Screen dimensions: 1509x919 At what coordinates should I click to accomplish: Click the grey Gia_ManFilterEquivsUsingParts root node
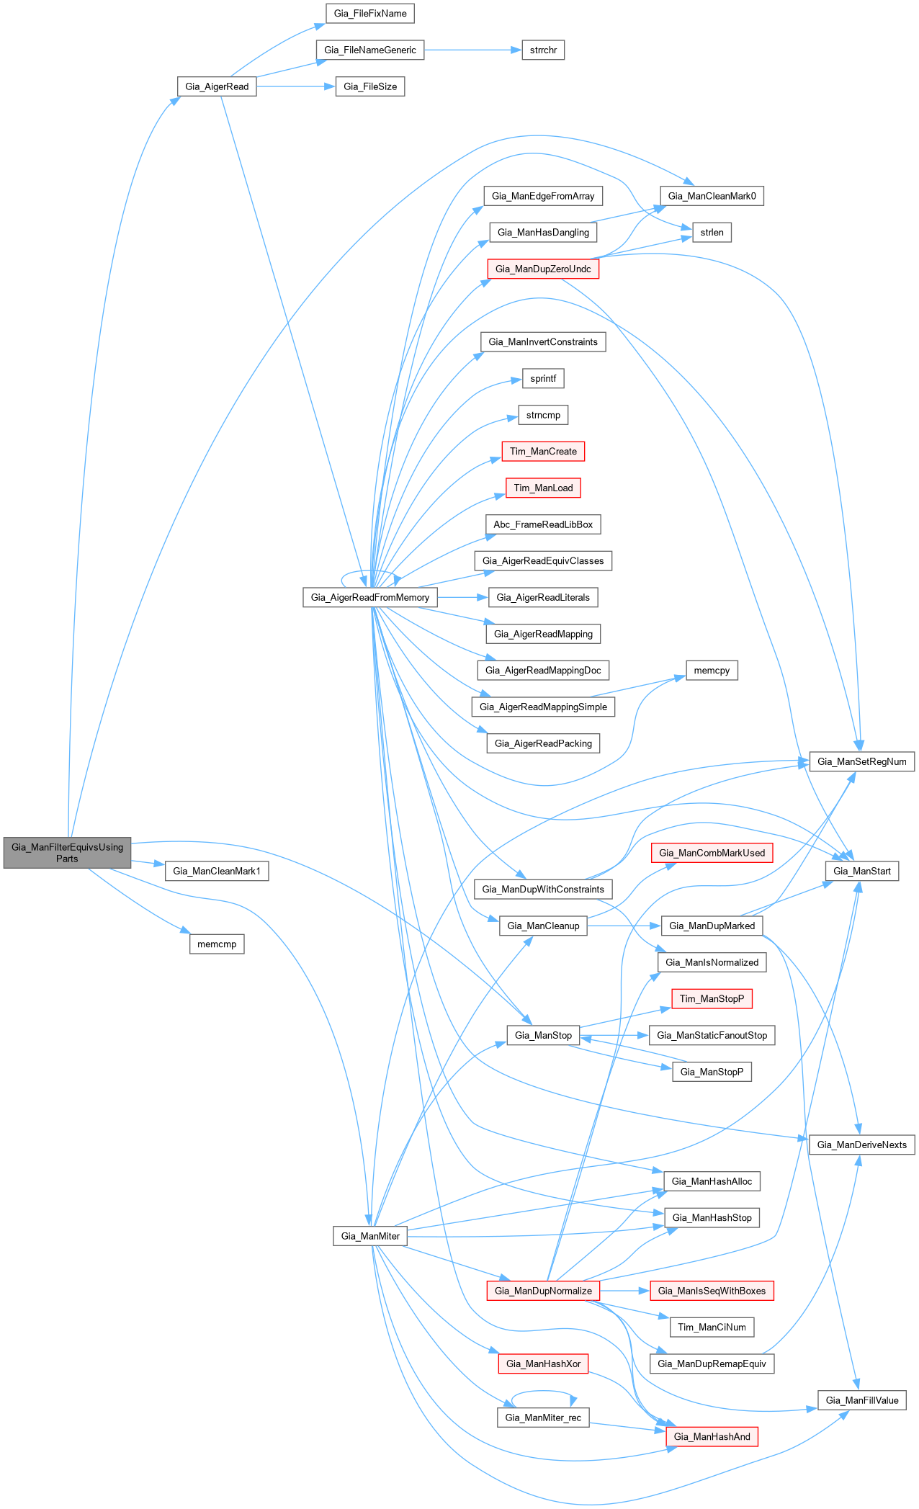[67, 853]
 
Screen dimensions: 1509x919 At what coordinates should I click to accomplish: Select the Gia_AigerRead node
[217, 86]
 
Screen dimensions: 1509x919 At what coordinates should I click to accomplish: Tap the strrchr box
[543, 50]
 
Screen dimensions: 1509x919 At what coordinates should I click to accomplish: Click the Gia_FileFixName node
[370, 14]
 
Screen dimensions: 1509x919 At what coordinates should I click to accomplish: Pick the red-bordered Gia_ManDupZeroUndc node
[543, 269]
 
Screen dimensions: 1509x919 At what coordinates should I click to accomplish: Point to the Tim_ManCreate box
[543, 452]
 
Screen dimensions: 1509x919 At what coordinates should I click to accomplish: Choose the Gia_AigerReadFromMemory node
[369, 598]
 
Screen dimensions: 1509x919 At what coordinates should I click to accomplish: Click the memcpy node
[712, 671]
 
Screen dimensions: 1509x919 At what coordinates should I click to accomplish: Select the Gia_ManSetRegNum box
[861, 762]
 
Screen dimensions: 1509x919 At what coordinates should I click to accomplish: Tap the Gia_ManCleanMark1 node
[217, 872]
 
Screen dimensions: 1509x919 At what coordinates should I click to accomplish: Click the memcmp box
[217, 944]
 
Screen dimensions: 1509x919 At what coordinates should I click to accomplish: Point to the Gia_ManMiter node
[370, 1236]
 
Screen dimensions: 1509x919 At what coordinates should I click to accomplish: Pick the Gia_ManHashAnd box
[712, 1437]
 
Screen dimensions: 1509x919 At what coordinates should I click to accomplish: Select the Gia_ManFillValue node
[861, 1400]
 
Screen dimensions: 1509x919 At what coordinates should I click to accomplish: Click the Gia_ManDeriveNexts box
[861, 1145]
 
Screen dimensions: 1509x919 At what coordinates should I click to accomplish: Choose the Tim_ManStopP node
[712, 999]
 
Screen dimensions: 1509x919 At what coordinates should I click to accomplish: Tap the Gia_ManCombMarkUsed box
[712, 853]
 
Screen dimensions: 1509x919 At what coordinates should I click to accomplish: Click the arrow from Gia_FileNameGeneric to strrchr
[472, 50]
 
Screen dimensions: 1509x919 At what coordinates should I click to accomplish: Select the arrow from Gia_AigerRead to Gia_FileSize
[295, 86]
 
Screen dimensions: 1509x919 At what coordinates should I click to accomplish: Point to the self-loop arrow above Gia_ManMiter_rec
[543, 1393]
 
